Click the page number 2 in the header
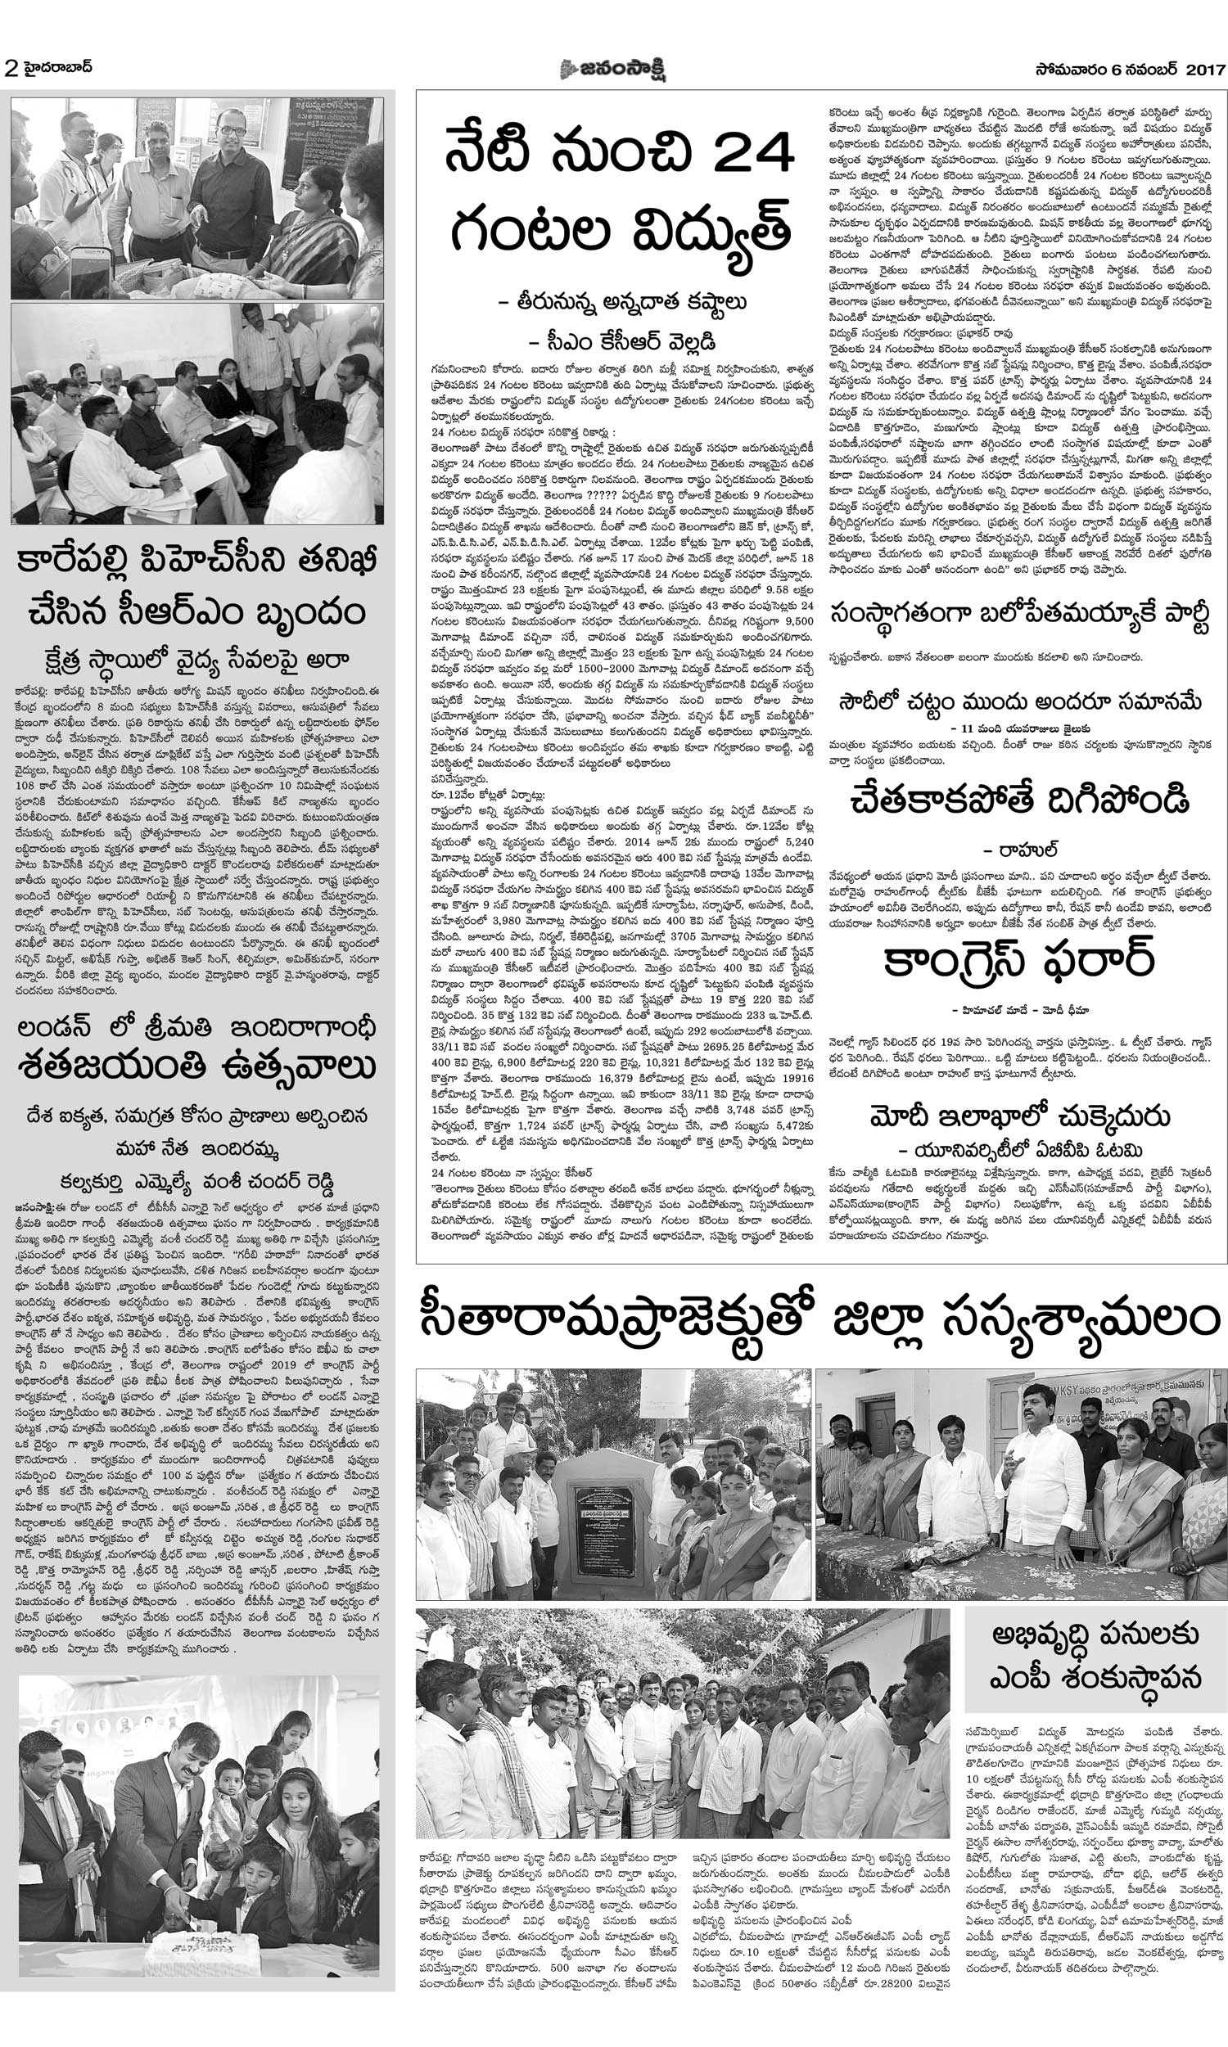11,70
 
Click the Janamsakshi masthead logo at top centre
613,70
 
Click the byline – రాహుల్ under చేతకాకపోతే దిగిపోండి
1012,850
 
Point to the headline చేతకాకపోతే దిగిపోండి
1018,800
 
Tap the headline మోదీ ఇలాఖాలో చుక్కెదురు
1019,1117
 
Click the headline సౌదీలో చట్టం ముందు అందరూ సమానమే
1018,702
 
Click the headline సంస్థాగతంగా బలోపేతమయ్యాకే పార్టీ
1018,617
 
